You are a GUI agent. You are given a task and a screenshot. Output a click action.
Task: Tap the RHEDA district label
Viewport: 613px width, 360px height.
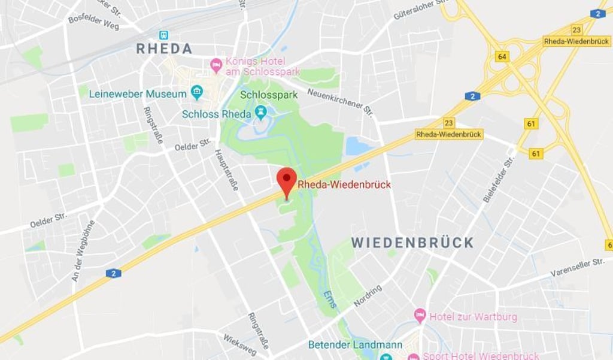pyautogui.click(x=163, y=49)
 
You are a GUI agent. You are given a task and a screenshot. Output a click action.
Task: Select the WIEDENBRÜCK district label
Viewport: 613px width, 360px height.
pyautogui.click(x=412, y=243)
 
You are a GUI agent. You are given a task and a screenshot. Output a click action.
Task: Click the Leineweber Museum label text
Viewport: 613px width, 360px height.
pyautogui.click(x=138, y=94)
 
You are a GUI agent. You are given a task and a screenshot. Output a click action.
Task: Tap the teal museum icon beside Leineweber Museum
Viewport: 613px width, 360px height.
pyautogui.click(x=196, y=93)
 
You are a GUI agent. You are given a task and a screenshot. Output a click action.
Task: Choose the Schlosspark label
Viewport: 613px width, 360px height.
pyautogui.click(x=269, y=95)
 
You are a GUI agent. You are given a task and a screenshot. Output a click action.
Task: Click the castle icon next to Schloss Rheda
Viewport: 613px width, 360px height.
pyautogui.click(x=260, y=112)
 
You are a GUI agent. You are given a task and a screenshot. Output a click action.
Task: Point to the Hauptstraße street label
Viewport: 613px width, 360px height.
pyautogui.click(x=226, y=170)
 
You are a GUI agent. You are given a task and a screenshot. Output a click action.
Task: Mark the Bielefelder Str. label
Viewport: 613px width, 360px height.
pyautogui.click(x=499, y=178)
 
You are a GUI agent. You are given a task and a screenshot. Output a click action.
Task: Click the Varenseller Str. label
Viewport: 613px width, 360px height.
pyautogui.click(x=578, y=267)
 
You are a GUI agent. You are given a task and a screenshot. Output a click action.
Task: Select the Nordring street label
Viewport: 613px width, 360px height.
pyautogui.click(x=367, y=296)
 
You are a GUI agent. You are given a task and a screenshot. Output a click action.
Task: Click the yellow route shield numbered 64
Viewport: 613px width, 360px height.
pyautogui.click(x=502, y=57)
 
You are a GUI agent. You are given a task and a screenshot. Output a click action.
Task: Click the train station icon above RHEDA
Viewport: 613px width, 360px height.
pyautogui.click(x=163, y=35)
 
